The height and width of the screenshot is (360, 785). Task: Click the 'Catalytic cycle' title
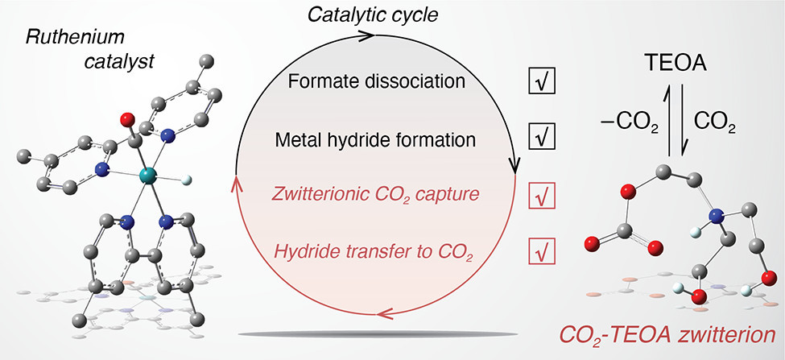pos(373,15)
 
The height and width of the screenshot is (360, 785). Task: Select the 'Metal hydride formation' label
pos(374,139)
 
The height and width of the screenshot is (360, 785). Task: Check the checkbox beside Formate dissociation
pos(542,81)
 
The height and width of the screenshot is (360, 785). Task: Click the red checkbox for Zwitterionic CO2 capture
pos(542,196)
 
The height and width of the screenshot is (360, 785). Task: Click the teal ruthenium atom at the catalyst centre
pos(148,176)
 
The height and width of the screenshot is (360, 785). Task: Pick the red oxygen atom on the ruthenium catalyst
pos(128,120)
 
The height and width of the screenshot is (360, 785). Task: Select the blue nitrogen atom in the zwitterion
pos(716,217)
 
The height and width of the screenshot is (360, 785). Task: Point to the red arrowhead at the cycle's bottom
pos(385,314)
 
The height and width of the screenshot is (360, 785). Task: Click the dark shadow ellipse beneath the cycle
pos(378,333)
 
